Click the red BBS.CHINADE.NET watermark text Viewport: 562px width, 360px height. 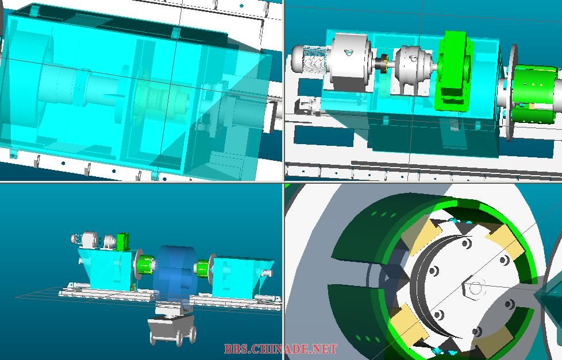tap(280, 349)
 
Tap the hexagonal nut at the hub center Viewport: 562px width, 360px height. tap(475, 288)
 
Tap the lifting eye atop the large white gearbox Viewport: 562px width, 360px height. tap(348, 53)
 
